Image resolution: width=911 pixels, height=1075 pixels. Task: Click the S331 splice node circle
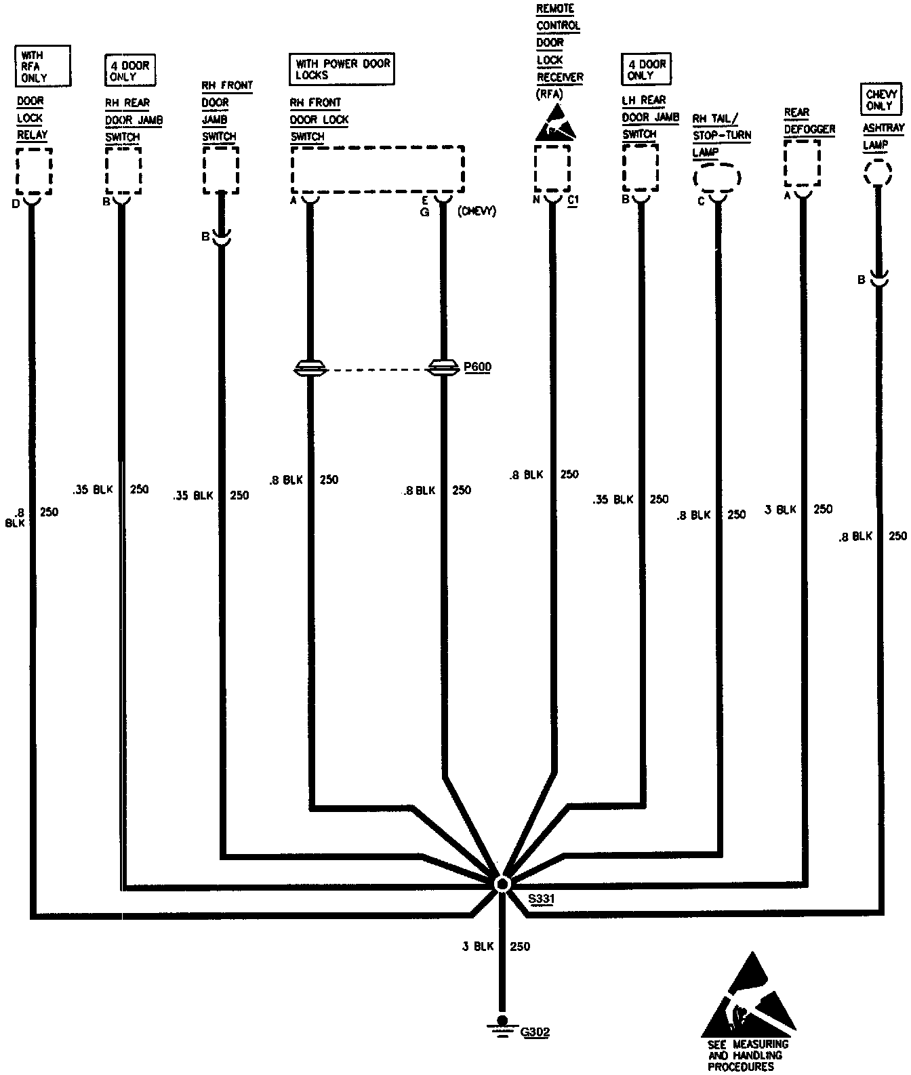502,884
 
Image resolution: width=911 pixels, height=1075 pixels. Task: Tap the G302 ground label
535,1032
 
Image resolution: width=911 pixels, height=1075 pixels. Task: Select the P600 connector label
477,367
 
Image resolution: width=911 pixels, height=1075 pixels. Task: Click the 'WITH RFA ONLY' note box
42,66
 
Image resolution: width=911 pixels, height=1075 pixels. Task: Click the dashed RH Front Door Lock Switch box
378,169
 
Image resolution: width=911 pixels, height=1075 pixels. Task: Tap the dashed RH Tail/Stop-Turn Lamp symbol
717,178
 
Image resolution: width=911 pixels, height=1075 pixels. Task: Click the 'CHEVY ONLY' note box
881,100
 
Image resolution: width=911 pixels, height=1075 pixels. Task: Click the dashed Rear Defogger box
802,163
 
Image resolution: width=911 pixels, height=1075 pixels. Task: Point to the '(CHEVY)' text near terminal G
477,211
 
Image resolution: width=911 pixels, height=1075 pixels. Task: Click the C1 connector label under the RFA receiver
573,200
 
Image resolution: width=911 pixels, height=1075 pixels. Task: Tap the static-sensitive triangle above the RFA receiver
554,123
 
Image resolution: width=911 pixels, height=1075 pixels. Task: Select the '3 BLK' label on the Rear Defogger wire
780,509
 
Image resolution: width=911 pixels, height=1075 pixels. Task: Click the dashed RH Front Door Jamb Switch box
221,169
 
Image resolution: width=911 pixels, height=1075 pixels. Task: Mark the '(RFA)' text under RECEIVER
549,94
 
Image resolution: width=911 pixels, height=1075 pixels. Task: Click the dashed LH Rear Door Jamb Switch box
641,167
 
